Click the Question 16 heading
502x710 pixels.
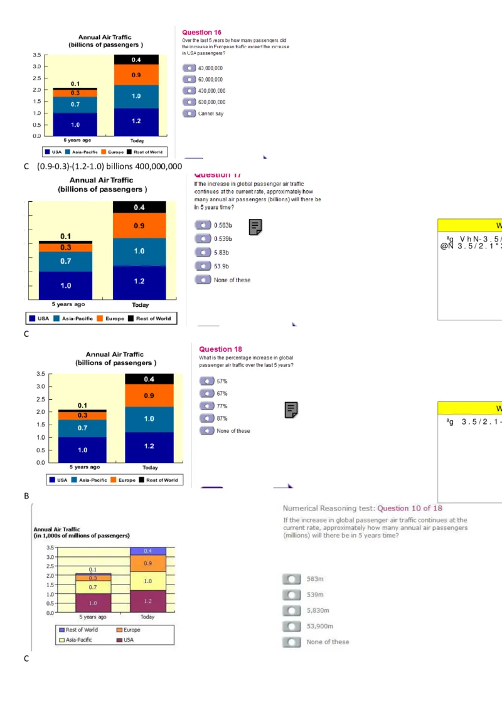coord(201,32)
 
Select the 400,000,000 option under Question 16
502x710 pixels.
coord(190,91)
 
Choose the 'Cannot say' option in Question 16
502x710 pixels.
coord(190,114)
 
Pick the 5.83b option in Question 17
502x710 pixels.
coord(203,252)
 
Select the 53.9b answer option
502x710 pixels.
coord(203,266)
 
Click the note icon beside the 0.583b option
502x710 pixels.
coord(255,227)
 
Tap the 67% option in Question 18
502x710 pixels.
coord(206,393)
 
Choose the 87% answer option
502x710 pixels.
coord(206,418)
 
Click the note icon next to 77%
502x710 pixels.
coord(291,410)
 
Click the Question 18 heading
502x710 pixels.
coord(220,349)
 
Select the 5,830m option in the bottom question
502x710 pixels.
coord(291,610)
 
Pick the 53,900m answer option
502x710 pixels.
coord(291,626)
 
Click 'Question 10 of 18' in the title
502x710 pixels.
coord(410,508)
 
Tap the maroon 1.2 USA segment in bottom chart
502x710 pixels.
coord(147,601)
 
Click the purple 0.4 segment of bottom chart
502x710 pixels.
coord(147,551)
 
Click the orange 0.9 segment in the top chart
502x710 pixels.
coord(136,75)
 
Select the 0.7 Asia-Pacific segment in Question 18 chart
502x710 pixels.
coord(83,428)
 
